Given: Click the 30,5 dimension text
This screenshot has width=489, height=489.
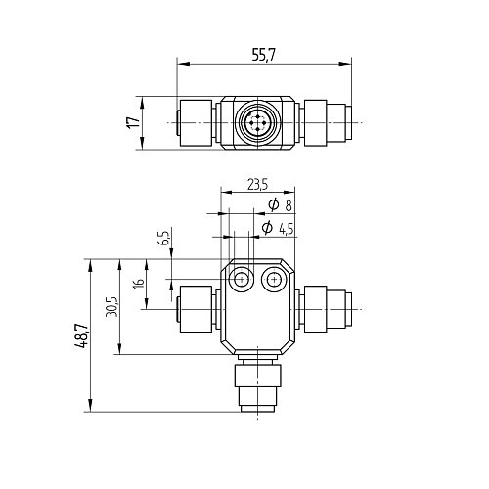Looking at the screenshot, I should pyautogui.click(x=111, y=306).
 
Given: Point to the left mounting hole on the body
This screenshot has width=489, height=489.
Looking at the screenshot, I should pyautogui.click(x=240, y=281).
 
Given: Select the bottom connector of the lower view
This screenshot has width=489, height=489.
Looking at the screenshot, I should pyautogui.click(x=255, y=388).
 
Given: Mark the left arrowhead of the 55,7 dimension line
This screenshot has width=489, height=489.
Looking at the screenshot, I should pyautogui.click(x=181, y=66).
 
